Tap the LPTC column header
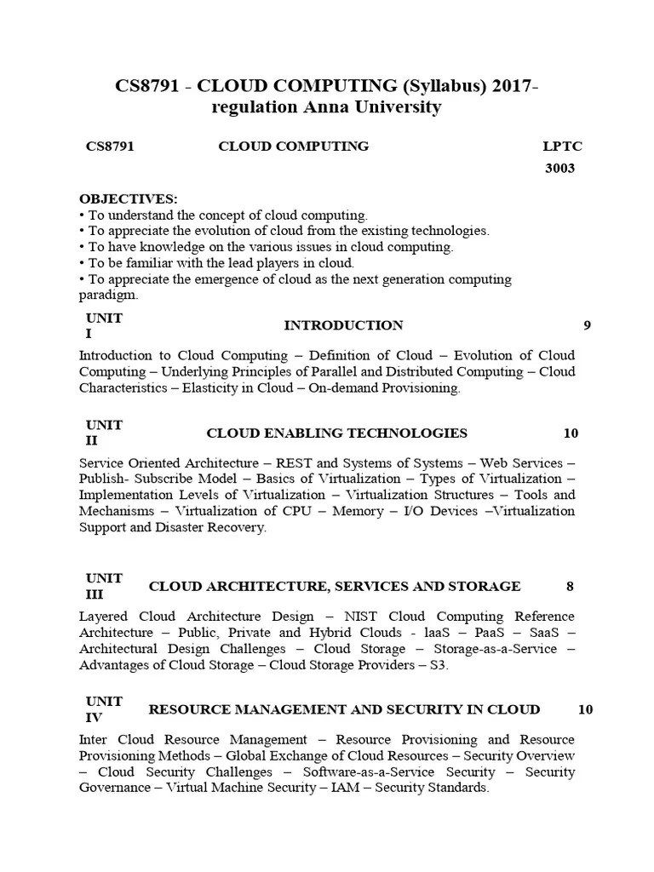click(562, 146)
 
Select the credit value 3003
click(559, 168)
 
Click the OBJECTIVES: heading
click(129, 198)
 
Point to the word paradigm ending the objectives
click(108, 295)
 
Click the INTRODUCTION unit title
click(343, 325)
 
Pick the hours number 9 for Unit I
click(587, 325)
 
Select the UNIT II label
click(104, 433)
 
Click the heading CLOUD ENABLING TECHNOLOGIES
click(337, 433)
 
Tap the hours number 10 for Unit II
click(571, 433)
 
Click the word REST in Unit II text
click(295, 463)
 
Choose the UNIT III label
click(104, 586)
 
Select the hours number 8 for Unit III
click(570, 586)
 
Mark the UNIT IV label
click(104, 708)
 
